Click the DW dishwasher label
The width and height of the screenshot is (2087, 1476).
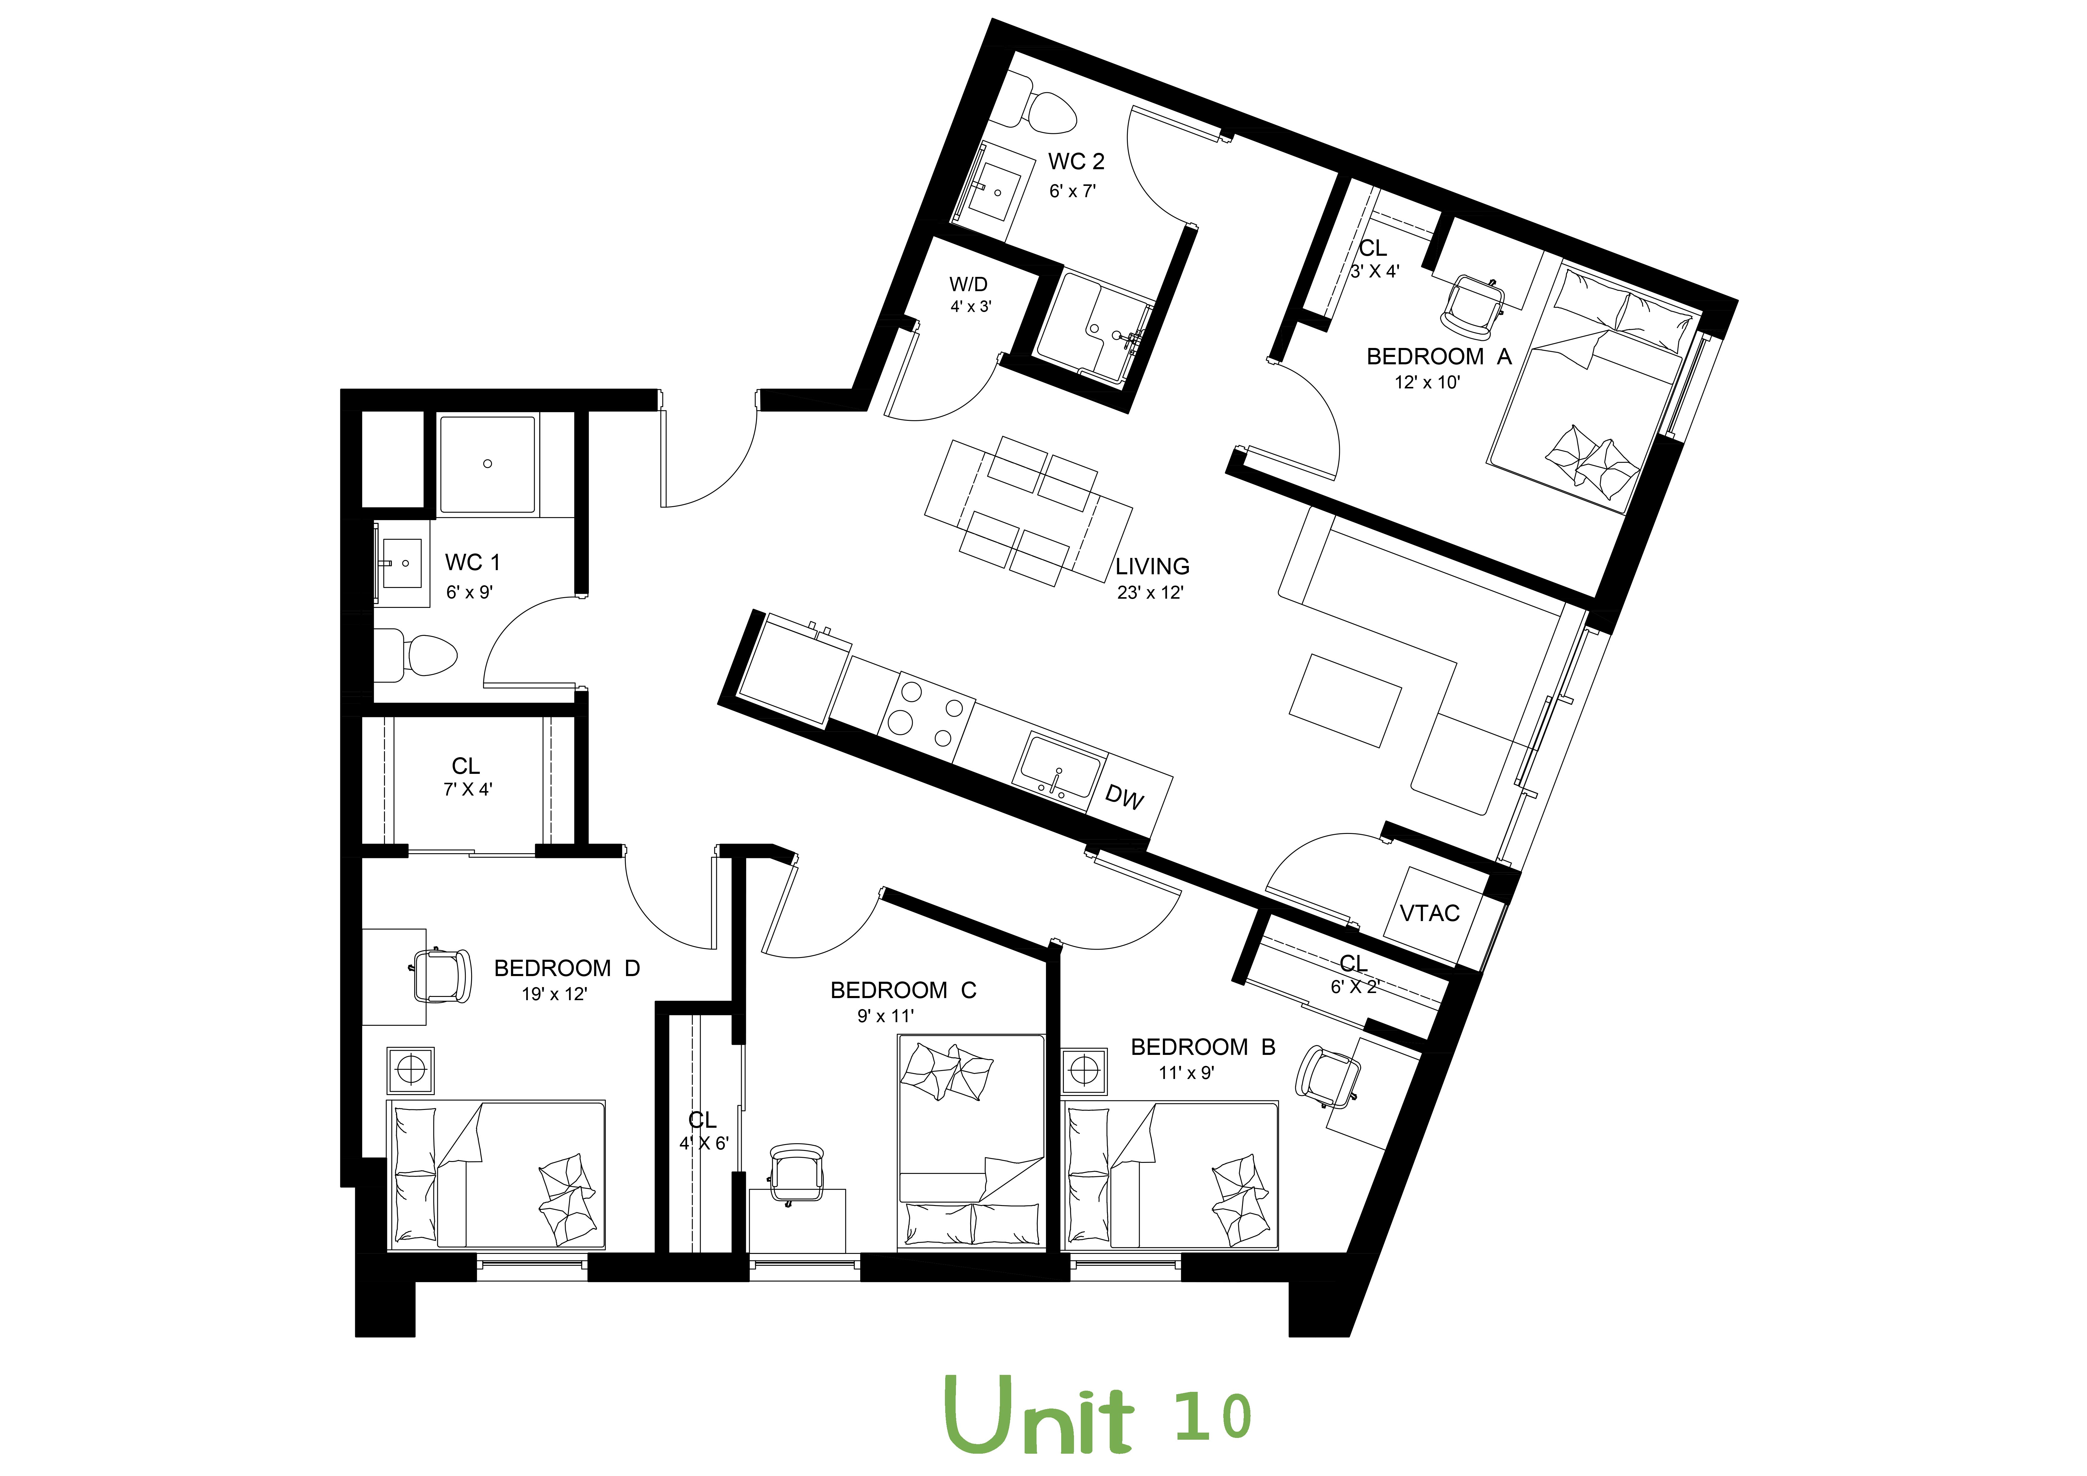1125,797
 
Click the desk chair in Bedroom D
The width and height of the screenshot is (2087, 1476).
443,974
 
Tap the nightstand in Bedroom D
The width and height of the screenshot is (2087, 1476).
411,1070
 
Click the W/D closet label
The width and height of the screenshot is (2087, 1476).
969,285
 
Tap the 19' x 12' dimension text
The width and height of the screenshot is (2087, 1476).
554,994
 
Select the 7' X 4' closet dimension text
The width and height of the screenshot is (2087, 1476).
467,790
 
